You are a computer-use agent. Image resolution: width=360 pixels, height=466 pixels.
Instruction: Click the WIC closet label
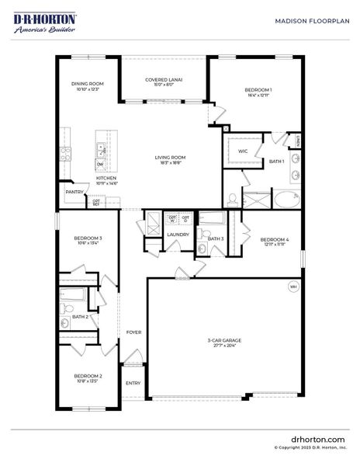(x=243, y=151)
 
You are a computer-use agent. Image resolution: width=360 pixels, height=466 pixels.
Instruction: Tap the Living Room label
(x=171, y=159)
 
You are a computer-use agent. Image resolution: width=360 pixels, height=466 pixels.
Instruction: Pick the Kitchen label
(x=106, y=179)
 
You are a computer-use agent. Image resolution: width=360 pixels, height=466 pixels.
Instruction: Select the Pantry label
(x=74, y=192)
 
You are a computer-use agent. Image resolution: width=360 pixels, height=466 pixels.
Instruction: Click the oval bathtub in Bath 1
(x=286, y=199)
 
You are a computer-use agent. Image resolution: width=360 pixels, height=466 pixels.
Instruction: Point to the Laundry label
(x=178, y=234)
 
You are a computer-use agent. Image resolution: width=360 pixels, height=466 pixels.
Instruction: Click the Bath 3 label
(x=216, y=238)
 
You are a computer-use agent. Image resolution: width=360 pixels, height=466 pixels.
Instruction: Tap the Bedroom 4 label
(x=275, y=241)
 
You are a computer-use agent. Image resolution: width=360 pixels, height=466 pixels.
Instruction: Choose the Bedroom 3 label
(x=88, y=239)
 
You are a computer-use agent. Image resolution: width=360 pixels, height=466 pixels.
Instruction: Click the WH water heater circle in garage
(x=293, y=286)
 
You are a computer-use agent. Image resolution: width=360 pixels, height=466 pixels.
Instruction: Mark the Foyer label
(x=133, y=332)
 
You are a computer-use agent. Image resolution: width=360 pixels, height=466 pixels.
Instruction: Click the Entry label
(x=133, y=383)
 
